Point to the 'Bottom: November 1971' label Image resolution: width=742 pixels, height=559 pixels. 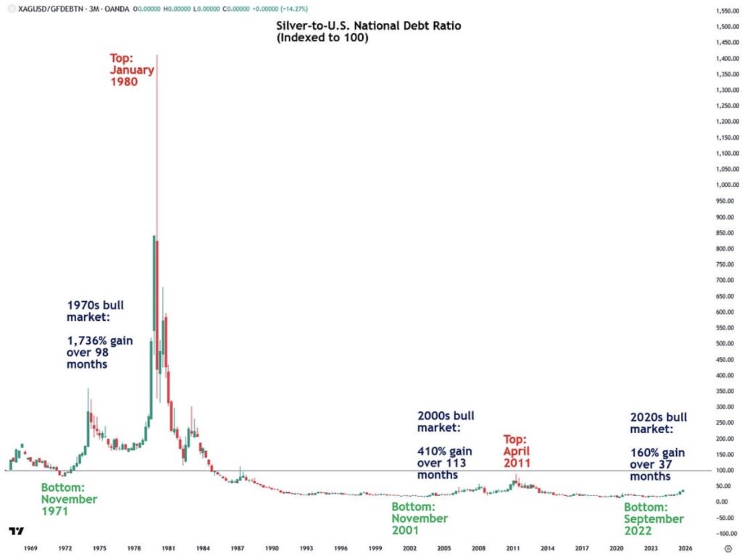pos(69,499)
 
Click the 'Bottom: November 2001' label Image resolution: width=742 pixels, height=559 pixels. pos(420,518)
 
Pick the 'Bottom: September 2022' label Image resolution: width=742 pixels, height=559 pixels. pos(654,518)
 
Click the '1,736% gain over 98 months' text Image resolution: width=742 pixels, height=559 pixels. pos(100,352)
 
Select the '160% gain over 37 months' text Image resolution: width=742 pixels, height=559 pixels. pos(657,464)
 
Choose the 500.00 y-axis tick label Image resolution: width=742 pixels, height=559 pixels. pos(717,343)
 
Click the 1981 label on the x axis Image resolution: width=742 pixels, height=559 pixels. pos(167,548)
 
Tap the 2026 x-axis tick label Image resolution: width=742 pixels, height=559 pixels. pos(685,548)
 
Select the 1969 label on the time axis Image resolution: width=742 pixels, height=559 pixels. pos(30,548)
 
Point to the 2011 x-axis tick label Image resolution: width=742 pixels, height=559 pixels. pos(513,548)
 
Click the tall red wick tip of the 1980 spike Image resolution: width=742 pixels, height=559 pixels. pos(157,55)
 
